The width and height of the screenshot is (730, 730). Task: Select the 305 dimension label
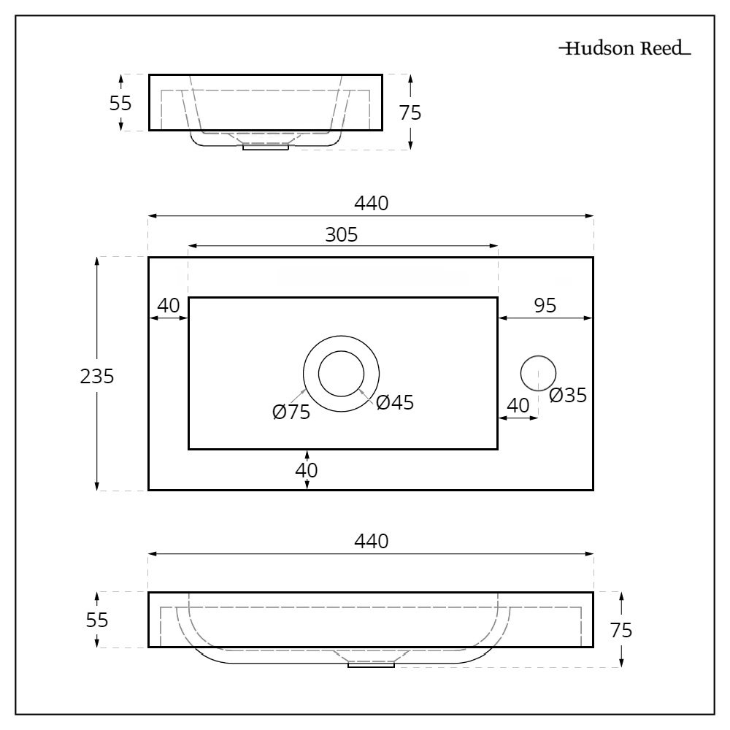click(x=341, y=235)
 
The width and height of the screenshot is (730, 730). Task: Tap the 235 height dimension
click(x=97, y=376)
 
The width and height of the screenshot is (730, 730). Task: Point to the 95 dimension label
click(x=544, y=306)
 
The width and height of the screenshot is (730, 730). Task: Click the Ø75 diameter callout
click(x=291, y=412)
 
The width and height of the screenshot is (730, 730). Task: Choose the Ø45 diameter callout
click(x=395, y=402)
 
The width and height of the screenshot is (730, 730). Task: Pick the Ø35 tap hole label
click(x=568, y=396)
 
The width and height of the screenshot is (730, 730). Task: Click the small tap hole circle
click(x=538, y=372)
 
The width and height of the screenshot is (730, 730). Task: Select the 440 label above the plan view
click(x=371, y=204)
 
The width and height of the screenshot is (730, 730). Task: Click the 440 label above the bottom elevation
click(x=371, y=542)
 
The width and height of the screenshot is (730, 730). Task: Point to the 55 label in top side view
click(x=120, y=103)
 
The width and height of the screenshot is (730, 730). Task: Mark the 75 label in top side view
click(x=410, y=112)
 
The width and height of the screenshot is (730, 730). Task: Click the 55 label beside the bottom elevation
click(x=97, y=620)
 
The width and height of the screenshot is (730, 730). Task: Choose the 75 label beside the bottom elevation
click(x=620, y=630)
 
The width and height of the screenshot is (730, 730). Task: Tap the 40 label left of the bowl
click(x=169, y=306)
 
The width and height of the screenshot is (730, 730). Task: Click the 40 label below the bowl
click(x=307, y=471)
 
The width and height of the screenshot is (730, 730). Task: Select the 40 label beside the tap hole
click(x=518, y=405)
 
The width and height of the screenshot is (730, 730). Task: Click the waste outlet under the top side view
click(x=266, y=147)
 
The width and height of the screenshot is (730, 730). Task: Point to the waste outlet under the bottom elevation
click(x=371, y=665)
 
